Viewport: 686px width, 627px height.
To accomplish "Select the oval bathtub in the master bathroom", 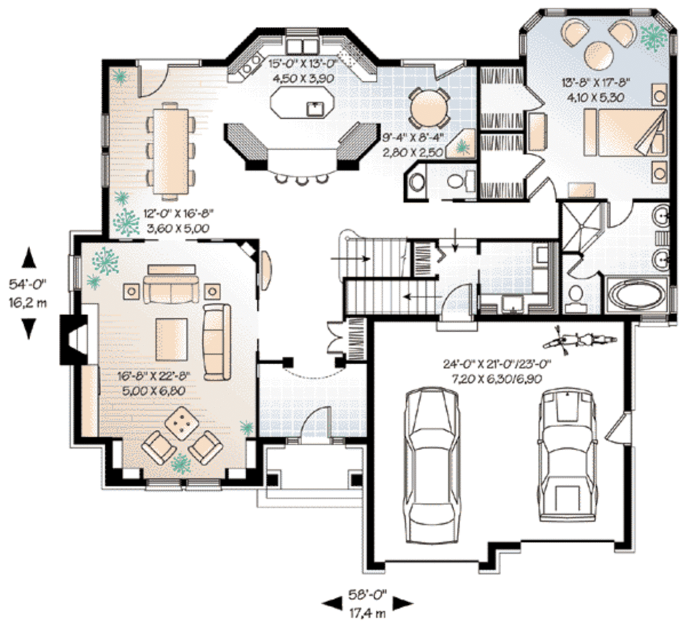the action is pyautogui.click(x=637, y=296).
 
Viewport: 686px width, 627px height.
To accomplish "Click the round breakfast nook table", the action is pyautogui.click(x=429, y=108).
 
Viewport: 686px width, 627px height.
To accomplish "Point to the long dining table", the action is pyautogui.click(x=171, y=149).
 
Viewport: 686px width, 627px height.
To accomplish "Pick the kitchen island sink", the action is pyautogui.click(x=315, y=108).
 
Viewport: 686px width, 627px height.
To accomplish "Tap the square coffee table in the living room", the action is pyautogui.click(x=172, y=339).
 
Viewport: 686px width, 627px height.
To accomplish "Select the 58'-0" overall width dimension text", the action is pyautogui.click(x=368, y=595).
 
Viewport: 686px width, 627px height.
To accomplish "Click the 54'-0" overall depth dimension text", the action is pyautogui.click(x=27, y=284).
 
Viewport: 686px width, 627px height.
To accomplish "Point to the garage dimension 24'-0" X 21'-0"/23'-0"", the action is pyautogui.click(x=497, y=364).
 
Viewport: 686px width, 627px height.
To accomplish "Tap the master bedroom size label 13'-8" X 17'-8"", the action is pyautogui.click(x=596, y=82).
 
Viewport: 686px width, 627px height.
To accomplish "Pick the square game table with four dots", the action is pyautogui.click(x=180, y=422).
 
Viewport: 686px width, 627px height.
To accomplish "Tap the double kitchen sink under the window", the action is pyautogui.click(x=302, y=45).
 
